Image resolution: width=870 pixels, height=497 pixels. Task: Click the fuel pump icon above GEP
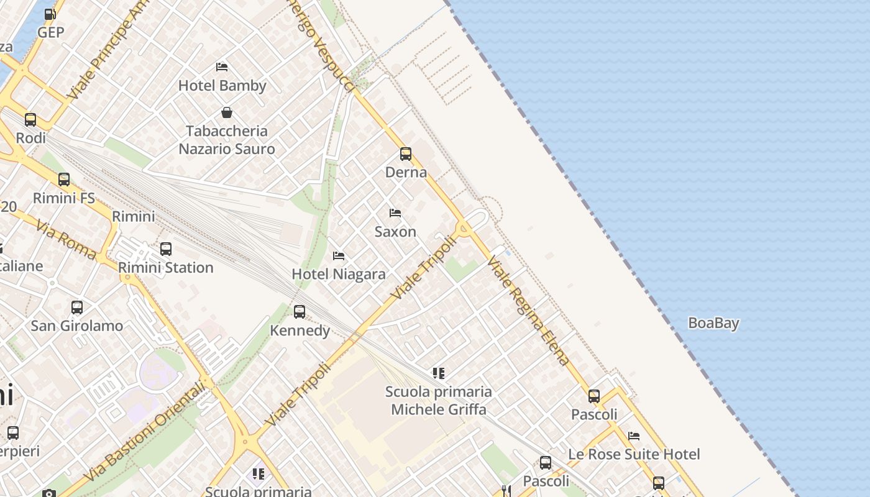(x=50, y=14)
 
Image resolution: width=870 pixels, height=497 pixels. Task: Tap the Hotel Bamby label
(x=222, y=86)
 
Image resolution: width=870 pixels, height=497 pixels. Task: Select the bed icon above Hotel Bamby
(x=222, y=67)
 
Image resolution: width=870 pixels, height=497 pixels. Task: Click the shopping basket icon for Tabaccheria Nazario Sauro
(x=227, y=112)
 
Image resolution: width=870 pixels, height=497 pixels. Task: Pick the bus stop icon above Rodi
(x=30, y=120)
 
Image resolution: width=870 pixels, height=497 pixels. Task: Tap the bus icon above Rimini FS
(x=64, y=180)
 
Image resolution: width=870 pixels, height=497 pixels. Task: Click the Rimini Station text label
(x=166, y=268)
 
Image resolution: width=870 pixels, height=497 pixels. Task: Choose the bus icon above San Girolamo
(x=77, y=308)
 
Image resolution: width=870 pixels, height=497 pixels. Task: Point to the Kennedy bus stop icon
(x=300, y=312)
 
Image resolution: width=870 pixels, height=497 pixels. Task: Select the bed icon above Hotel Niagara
(x=339, y=256)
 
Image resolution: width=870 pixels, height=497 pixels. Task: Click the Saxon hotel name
(x=395, y=232)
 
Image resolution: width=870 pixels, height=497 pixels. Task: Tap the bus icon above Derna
(x=406, y=154)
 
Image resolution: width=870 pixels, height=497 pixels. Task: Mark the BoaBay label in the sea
(x=713, y=323)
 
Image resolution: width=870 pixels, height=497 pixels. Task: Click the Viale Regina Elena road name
(x=529, y=310)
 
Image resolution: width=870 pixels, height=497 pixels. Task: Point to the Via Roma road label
(x=66, y=239)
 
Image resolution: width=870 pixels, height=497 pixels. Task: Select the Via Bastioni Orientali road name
(x=144, y=432)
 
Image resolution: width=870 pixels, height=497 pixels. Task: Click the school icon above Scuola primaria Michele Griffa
(x=439, y=373)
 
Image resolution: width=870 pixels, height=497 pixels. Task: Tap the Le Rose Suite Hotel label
(x=634, y=455)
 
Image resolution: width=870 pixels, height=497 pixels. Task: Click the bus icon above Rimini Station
(x=166, y=249)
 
